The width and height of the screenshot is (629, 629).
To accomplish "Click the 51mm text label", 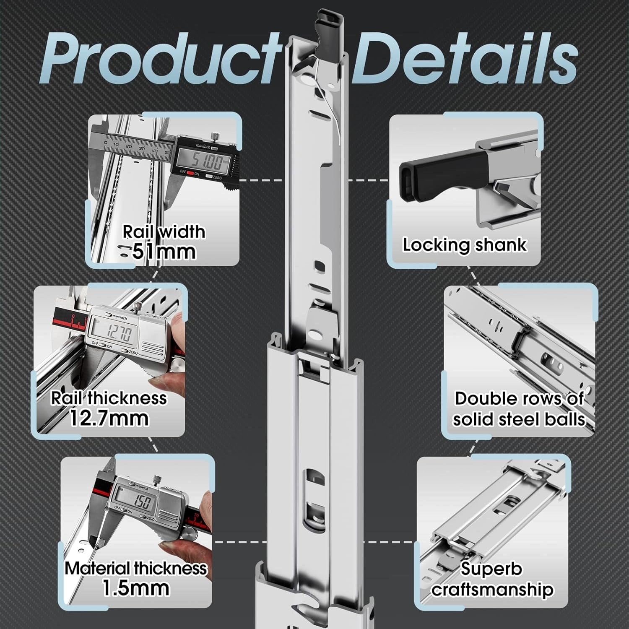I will pyautogui.click(x=164, y=252).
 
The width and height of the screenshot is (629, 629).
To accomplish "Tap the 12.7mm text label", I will pyautogui.click(x=109, y=418).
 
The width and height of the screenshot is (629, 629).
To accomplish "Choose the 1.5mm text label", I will pyautogui.click(x=136, y=588).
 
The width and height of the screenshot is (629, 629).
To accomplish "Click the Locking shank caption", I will pyautogui.click(x=465, y=245).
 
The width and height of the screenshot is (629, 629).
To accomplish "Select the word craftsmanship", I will pyautogui.click(x=493, y=590).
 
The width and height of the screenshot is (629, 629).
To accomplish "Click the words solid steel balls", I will pyautogui.click(x=519, y=419).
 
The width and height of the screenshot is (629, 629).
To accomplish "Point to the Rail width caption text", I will pyautogui.click(x=164, y=232).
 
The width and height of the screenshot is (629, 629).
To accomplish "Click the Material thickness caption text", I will pyautogui.click(x=136, y=568).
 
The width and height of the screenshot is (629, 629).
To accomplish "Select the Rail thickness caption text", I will pyautogui.click(x=109, y=398).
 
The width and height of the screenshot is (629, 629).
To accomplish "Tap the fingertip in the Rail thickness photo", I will pyautogui.click(x=166, y=384).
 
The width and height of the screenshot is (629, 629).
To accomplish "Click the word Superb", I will pyautogui.click(x=491, y=569).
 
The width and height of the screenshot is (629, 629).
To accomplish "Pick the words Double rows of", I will pyautogui.click(x=519, y=398).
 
